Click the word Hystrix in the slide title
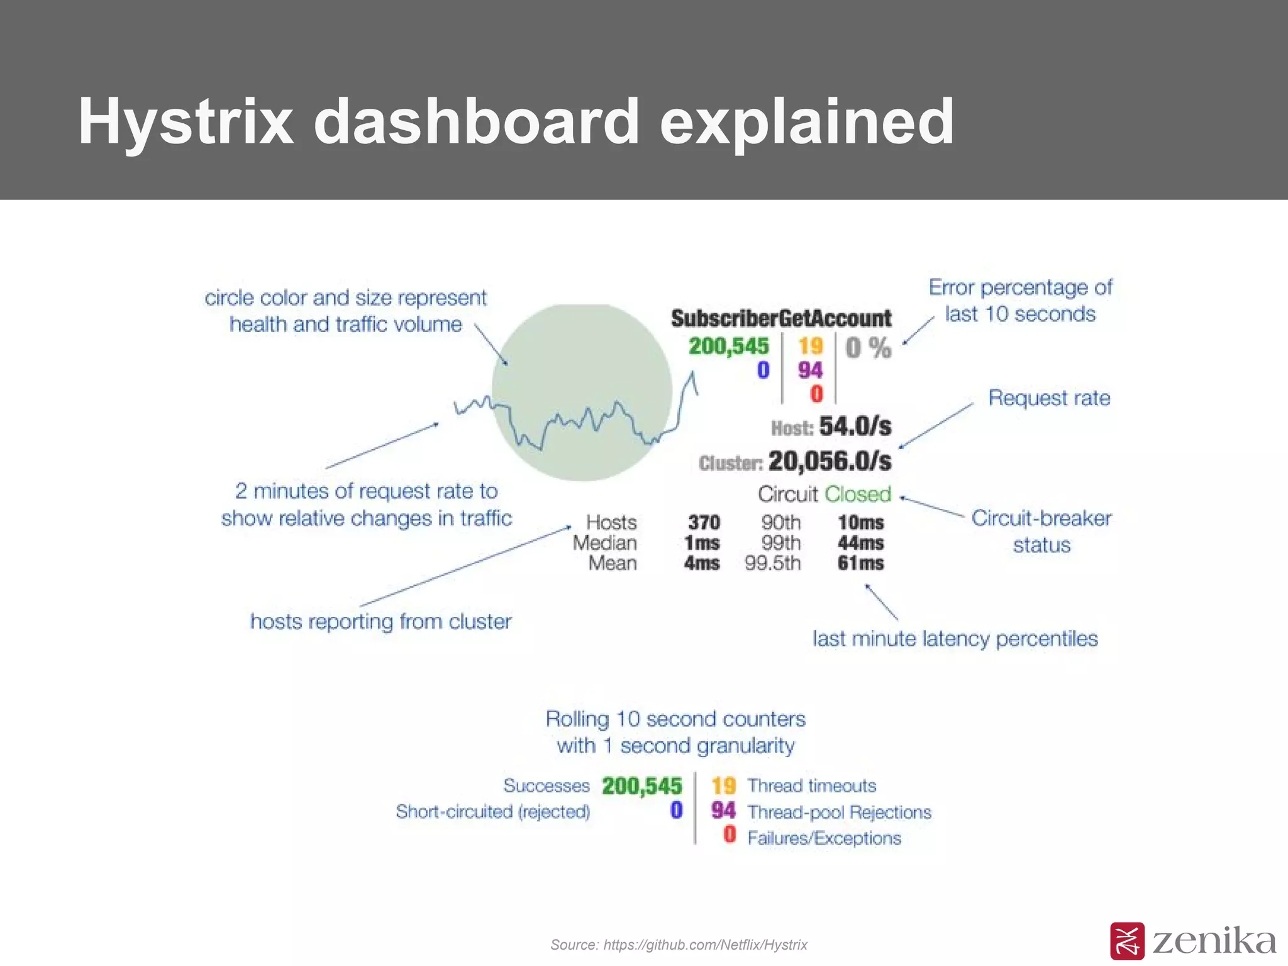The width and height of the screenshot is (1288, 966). (186, 121)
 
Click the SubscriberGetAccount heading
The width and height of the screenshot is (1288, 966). (780, 318)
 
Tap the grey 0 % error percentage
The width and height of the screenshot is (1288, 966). (868, 348)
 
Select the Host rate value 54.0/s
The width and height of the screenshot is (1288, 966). (855, 427)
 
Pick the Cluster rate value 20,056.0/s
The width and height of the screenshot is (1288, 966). (830, 462)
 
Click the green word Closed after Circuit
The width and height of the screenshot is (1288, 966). (858, 494)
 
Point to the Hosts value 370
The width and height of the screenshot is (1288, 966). (704, 523)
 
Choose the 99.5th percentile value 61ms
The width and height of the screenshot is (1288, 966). (860, 563)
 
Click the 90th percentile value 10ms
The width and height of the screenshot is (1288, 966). (860, 523)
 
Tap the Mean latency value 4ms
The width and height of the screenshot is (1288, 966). (701, 563)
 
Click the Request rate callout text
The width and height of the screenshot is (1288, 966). (1049, 398)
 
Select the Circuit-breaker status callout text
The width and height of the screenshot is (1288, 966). (1041, 531)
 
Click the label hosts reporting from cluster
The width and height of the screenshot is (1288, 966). (380, 622)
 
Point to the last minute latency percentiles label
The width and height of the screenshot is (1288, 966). (955, 639)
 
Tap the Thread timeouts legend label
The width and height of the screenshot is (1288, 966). (811, 786)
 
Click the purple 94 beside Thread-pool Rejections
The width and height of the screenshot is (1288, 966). (723, 811)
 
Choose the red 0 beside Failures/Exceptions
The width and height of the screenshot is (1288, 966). (730, 835)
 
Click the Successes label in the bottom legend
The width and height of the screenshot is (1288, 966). (546, 786)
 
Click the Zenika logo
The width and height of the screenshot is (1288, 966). (1192, 941)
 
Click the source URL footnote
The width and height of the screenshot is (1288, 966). (679, 945)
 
